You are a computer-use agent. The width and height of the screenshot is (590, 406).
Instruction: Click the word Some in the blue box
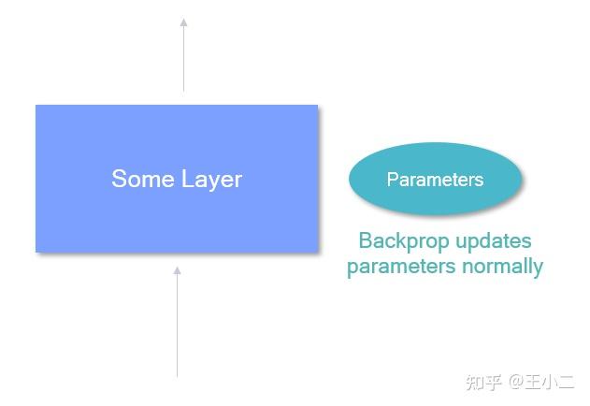pos(144,179)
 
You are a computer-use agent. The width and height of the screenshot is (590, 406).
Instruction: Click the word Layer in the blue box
pos(211,180)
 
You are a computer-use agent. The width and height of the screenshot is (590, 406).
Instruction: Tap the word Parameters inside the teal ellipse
pos(436,180)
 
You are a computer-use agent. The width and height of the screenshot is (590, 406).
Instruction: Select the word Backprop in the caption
pos(404,241)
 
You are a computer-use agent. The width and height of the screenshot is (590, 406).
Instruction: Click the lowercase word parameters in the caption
pos(401,267)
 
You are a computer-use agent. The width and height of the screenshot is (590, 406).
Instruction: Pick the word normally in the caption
pos(503,267)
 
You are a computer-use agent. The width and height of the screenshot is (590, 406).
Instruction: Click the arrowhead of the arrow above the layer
pos(183,22)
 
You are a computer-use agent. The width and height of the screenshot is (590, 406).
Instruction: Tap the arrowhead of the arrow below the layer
pos(177,270)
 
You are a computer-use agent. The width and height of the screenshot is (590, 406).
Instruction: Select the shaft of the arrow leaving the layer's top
pos(183,59)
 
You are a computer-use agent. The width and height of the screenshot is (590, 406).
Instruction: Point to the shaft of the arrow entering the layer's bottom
pos(177,326)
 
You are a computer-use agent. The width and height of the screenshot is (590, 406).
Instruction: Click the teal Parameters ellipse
pos(436,179)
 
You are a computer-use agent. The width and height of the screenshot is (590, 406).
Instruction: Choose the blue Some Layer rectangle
pos(177,179)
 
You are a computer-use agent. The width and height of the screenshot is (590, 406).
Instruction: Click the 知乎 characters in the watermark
pos(483,383)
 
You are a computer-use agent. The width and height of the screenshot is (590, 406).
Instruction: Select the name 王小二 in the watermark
pos(550,382)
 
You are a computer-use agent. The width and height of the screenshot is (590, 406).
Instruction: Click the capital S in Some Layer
pos(119,179)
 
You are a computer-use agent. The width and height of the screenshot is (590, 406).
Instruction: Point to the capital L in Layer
pos(187,179)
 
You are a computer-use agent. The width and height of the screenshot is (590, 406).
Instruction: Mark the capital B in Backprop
pos(365,240)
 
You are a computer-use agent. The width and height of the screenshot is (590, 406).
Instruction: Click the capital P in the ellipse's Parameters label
pos(393,180)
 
